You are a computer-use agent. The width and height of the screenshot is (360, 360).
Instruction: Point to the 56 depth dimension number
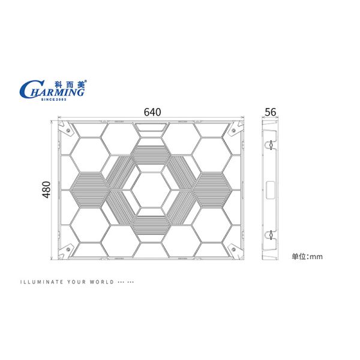[x=270, y=112]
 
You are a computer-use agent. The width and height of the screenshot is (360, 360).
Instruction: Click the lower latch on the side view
[x=271, y=234]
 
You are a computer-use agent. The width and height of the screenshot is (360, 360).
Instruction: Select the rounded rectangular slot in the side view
[x=271, y=189]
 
